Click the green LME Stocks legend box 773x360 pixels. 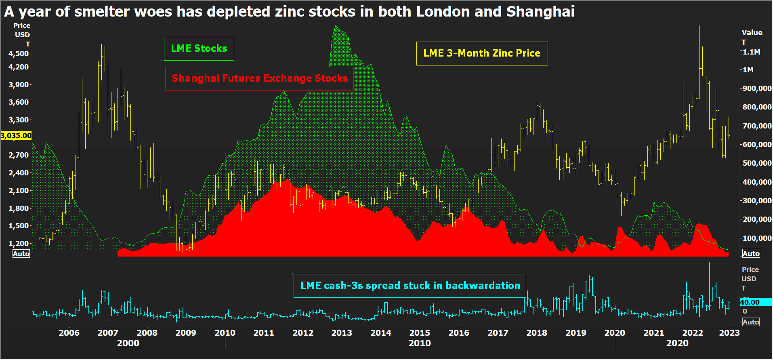tap(199, 48)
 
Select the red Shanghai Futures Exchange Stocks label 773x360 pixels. tap(260, 78)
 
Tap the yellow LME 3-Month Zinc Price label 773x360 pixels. tap(482, 53)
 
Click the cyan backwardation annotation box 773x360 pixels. tap(410, 286)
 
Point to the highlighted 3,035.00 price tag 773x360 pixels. tap(16, 136)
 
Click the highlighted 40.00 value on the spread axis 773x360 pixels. tap(750, 302)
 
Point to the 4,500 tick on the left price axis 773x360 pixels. tap(19, 53)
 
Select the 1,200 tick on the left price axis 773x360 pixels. tap(19, 243)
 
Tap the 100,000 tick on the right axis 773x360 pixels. tap(757, 238)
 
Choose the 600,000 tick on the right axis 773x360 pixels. tap(757, 145)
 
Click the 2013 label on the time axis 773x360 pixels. tap(342, 333)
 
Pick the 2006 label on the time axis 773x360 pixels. tap(69, 333)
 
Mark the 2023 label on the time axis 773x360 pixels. tap(729, 333)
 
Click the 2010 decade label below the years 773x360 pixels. tap(420, 343)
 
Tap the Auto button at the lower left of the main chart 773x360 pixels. tap(21, 254)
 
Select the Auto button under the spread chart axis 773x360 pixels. tap(751, 322)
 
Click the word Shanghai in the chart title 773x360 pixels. tap(540, 12)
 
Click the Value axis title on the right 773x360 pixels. tap(752, 33)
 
